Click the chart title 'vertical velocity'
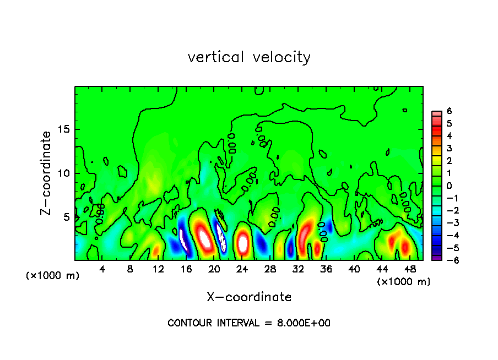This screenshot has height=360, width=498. click(249, 57)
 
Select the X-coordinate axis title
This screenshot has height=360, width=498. click(249, 297)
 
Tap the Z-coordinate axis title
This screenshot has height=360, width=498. click(47, 173)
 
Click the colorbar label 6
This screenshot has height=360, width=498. click(450, 111)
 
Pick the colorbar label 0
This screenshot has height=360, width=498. click(450, 186)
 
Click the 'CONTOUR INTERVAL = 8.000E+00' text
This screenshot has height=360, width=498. click(249, 323)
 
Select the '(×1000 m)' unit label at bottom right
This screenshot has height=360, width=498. click(404, 281)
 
